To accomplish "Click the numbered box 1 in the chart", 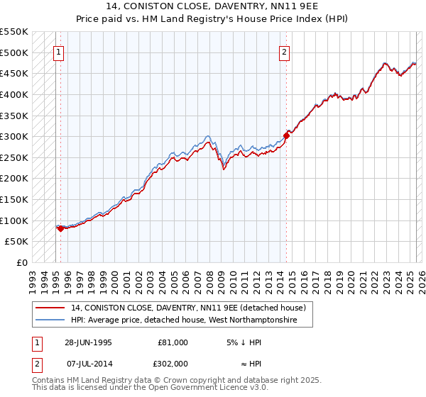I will (x=58, y=52).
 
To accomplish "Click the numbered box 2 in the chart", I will (x=284, y=52).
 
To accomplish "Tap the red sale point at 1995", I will (x=60, y=228).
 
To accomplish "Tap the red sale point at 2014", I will (x=287, y=135).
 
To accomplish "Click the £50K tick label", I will (x=17, y=242).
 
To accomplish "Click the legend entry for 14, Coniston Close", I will (x=188, y=308).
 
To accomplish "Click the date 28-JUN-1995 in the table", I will (x=89, y=342).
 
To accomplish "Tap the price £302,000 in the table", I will (x=173, y=363).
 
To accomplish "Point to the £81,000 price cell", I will (x=173, y=342).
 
